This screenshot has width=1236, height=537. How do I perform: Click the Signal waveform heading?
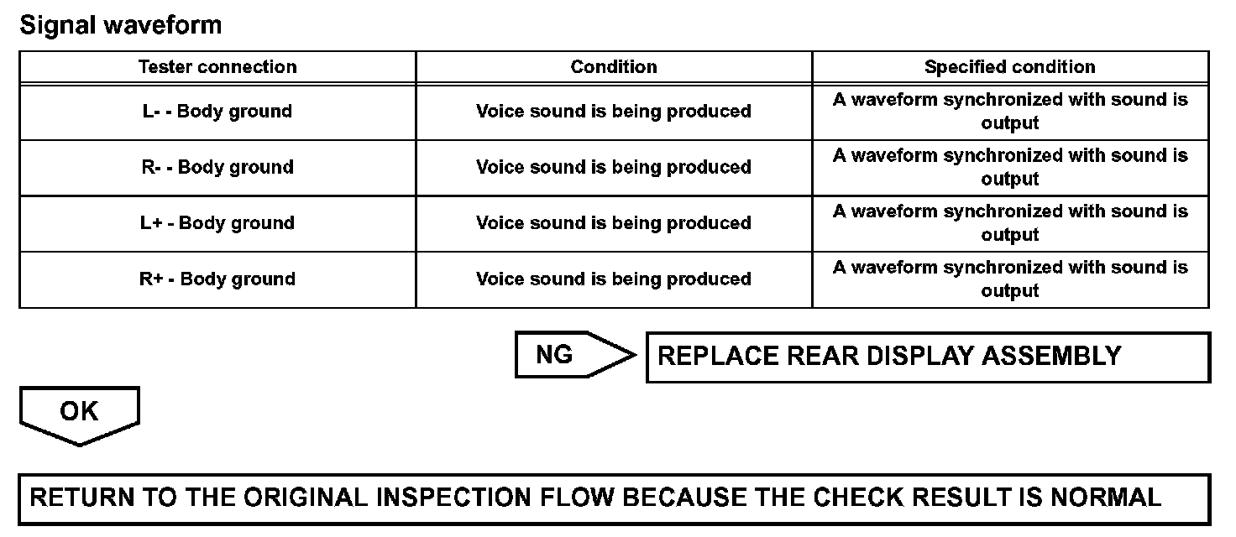pyautogui.click(x=120, y=25)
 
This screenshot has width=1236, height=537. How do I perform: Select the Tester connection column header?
pyautogui.click(x=217, y=67)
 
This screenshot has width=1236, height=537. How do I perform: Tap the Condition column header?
pyautogui.click(x=614, y=67)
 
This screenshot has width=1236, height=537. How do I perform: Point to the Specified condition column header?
pyautogui.click(x=1010, y=67)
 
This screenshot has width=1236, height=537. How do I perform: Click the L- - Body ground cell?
pyautogui.click(x=217, y=112)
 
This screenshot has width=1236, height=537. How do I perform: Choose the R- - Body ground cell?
pyautogui.click(x=217, y=167)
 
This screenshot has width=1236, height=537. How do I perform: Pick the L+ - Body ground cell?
pyautogui.click(x=217, y=223)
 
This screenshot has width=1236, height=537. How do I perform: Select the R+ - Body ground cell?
pyautogui.click(x=217, y=279)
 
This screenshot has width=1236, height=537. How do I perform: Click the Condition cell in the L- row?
pyautogui.click(x=614, y=112)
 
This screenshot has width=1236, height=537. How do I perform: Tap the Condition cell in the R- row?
pyautogui.click(x=614, y=167)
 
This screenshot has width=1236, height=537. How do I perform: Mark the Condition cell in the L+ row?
pyautogui.click(x=614, y=223)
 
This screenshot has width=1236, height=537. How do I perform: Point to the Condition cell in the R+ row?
pyautogui.click(x=614, y=279)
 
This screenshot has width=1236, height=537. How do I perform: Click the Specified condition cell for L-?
pyautogui.click(x=1010, y=112)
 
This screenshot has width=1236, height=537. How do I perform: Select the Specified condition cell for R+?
pyautogui.click(x=1010, y=279)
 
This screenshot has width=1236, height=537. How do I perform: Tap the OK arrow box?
pyautogui.click(x=79, y=413)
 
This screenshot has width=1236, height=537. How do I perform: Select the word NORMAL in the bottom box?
pyautogui.click(x=1106, y=498)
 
